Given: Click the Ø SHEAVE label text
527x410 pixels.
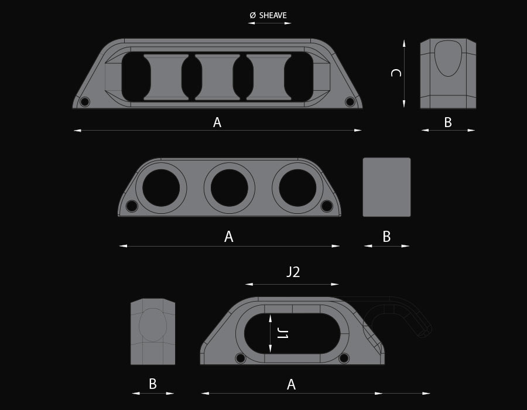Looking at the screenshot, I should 268,15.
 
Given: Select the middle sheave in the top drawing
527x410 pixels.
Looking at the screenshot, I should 217,77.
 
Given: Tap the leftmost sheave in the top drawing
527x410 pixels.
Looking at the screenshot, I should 166,77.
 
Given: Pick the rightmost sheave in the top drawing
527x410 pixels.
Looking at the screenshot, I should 269,77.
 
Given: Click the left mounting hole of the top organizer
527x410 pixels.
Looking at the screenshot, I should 85,102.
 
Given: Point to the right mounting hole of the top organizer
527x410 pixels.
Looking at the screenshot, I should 350,102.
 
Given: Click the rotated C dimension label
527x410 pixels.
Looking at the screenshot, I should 396,73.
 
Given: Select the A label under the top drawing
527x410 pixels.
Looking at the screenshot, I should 217,122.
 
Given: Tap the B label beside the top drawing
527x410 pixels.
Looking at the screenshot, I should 448,122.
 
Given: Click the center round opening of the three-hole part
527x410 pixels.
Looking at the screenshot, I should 230,187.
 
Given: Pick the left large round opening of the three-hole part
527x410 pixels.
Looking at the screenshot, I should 161,187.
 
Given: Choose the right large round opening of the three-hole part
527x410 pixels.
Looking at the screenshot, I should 297,187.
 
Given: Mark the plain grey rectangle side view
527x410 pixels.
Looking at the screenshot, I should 386,187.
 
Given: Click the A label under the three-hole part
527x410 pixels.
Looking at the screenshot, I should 229,237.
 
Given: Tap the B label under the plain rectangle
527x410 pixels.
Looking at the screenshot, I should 386,237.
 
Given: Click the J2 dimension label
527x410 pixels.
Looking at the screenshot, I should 293,272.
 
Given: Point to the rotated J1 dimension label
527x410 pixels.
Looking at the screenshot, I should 282,334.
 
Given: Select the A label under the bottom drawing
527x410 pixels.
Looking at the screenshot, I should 291,384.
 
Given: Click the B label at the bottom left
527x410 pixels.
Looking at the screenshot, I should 153,384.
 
